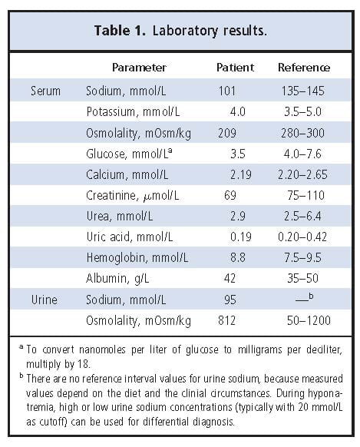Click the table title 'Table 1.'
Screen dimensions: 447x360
(x=120, y=31)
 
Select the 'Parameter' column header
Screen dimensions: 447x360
(x=139, y=68)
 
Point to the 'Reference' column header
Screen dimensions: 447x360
(x=303, y=68)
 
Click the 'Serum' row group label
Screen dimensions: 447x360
(x=45, y=91)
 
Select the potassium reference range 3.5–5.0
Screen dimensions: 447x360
(x=303, y=111)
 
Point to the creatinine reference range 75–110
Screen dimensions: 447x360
(x=303, y=195)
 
